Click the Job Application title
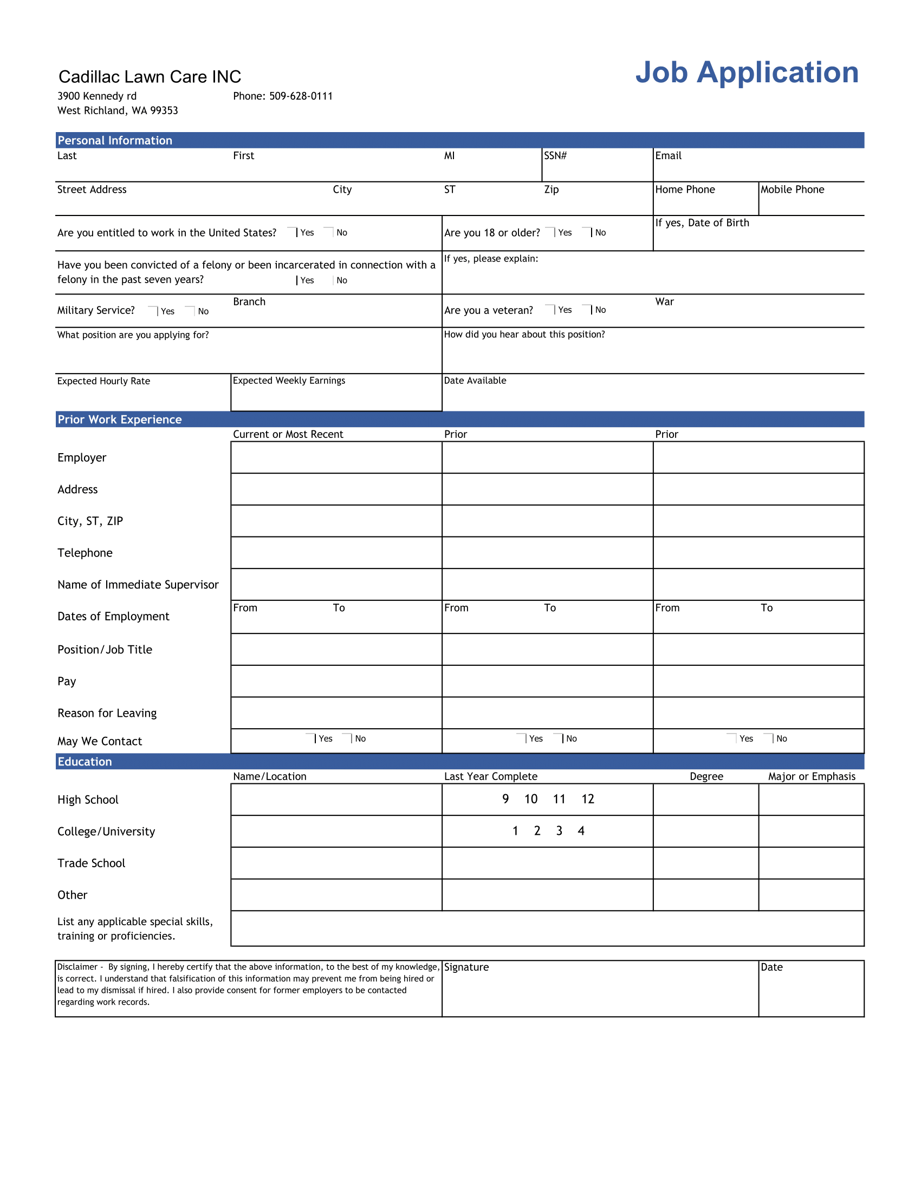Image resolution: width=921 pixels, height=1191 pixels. click(747, 73)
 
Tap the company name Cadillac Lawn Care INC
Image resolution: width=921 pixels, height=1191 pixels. click(150, 77)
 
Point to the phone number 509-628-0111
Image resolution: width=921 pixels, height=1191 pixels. click(301, 96)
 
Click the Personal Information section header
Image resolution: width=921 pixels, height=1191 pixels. click(115, 141)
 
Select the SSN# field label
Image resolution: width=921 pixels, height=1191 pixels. click(555, 156)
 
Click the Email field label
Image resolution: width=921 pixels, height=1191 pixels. click(668, 156)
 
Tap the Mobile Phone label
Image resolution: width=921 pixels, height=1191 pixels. click(792, 190)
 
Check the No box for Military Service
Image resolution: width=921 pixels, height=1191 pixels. click(190, 311)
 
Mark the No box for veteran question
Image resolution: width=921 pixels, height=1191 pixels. click(587, 310)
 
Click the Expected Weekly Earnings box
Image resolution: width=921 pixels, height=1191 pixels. click(335, 392)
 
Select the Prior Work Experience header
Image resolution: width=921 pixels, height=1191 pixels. click(120, 420)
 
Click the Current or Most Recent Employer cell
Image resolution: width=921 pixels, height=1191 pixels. click(335, 457)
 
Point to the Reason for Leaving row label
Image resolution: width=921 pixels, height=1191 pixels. click(107, 714)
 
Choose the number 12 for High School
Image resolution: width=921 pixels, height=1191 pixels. click(587, 800)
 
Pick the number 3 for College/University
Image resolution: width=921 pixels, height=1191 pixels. click(559, 831)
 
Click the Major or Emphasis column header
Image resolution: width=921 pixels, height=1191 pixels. click(812, 776)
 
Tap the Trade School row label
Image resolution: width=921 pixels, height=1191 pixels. click(91, 863)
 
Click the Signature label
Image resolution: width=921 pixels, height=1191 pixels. click(466, 967)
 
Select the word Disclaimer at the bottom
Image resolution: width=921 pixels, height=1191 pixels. click(77, 967)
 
